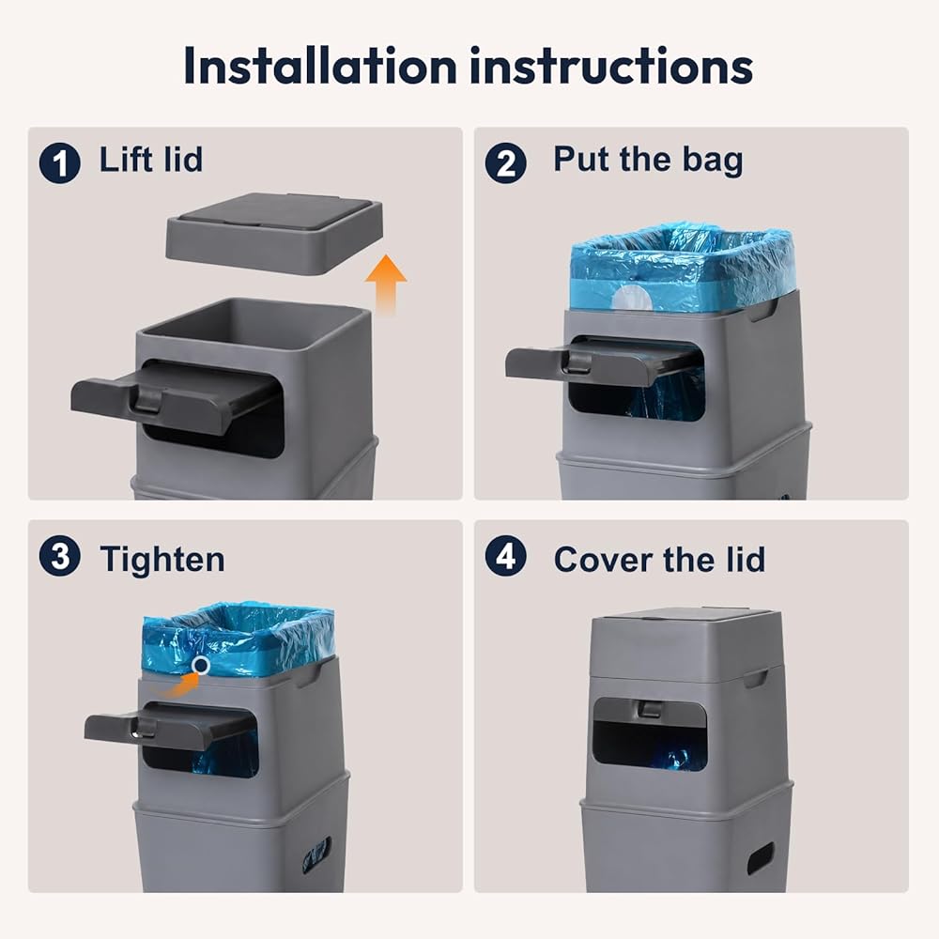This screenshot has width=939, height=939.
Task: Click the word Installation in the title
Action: (x=320, y=66)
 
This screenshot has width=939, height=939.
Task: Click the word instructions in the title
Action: (x=612, y=66)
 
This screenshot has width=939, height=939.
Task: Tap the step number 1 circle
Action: (x=60, y=162)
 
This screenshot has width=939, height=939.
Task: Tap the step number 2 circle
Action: (x=506, y=162)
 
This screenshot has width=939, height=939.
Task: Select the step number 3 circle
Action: (x=60, y=556)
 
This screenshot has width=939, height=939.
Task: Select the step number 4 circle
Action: (x=506, y=556)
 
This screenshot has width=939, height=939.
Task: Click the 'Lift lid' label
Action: (x=151, y=160)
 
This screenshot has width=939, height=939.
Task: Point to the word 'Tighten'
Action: (x=162, y=560)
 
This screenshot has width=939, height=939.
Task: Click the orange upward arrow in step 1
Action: (x=386, y=285)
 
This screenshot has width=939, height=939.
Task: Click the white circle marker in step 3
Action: (x=201, y=665)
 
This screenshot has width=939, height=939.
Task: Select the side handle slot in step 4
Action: (x=760, y=857)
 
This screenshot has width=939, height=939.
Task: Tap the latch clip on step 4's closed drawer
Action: (x=649, y=708)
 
